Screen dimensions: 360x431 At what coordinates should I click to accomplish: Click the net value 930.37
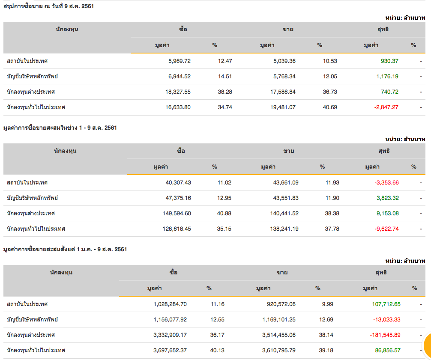coord(389,61)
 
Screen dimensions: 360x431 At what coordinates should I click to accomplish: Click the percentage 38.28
coord(225,92)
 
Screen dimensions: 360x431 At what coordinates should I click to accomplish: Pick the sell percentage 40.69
coord(330,107)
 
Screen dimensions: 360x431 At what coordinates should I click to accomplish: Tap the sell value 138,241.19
coord(280,229)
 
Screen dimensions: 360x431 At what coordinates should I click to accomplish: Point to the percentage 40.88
coord(224,213)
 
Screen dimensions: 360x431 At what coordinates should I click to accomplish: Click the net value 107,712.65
coord(386,304)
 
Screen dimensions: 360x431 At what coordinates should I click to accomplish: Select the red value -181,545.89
coord(384,335)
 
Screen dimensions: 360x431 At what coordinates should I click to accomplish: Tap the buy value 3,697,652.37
coord(170,350)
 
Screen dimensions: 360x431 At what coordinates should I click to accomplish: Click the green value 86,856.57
coord(388,350)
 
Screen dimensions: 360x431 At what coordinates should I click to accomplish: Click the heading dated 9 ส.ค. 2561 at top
coord(49,6)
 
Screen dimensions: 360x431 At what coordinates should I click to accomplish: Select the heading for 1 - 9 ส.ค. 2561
coord(60,128)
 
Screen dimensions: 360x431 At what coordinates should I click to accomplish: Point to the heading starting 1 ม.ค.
coord(65,249)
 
